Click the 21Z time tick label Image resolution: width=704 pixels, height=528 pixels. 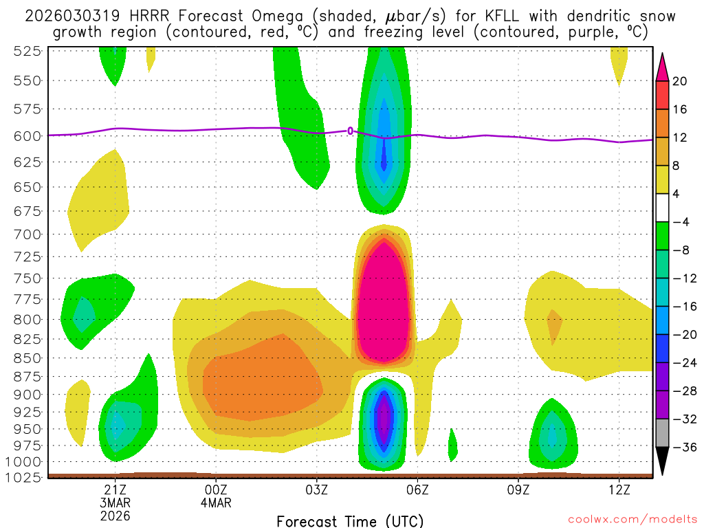click(115, 489)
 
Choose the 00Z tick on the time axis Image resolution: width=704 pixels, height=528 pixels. click(216, 489)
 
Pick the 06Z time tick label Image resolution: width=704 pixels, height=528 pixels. click(417, 489)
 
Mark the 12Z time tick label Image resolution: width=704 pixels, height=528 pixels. click(619, 489)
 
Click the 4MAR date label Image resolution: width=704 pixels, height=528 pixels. click(216, 503)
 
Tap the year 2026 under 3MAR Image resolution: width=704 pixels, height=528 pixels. click(115, 515)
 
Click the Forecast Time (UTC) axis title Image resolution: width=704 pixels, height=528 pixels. click(350, 520)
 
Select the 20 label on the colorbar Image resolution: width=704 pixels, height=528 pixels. click(680, 81)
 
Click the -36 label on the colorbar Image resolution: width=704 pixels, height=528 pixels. click(683, 448)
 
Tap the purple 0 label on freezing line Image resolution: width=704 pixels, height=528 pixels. click(350, 131)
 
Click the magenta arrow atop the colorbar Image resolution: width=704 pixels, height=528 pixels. click(663, 66)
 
